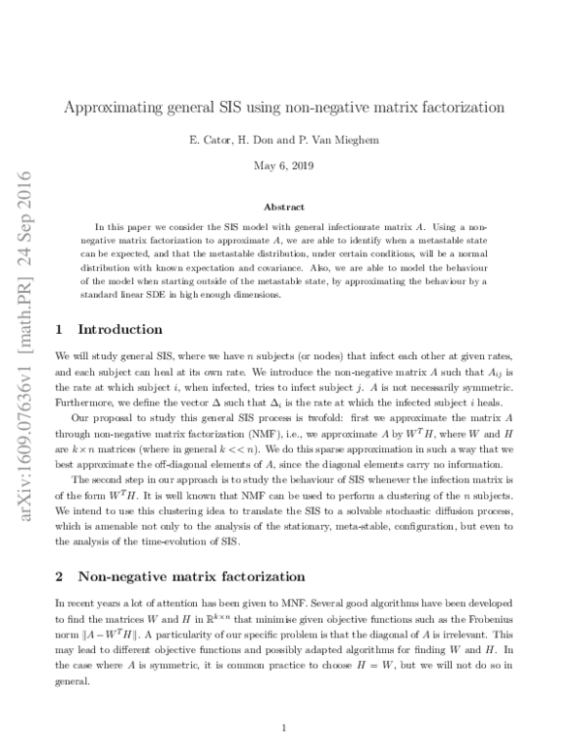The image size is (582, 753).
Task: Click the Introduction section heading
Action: [x=119, y=329]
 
